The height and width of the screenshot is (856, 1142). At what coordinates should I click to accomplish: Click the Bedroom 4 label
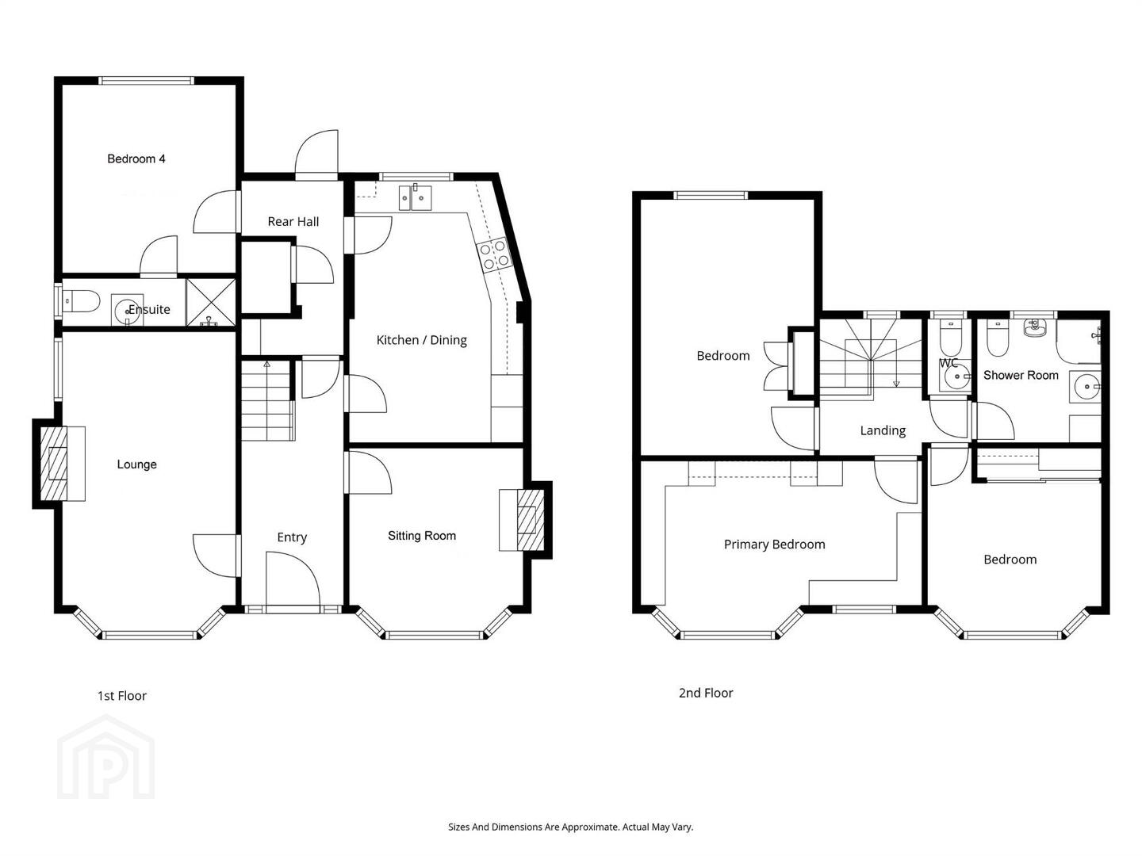pyautogui.click(x=136, y=159)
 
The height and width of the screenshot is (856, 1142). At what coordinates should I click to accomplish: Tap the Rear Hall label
pyautogui.click(x=293, y=221)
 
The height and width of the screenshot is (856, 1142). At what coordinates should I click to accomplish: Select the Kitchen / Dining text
pyautogui.click(x=421, y=340)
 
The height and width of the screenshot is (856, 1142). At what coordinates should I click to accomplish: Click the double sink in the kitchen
pyautogui.click(x=416, y=197)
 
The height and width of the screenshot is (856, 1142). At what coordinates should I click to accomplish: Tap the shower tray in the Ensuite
pyautogui.click(x=211, y=303)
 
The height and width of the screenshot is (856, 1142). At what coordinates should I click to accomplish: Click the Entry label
pyautogui.click(x=292, y=537)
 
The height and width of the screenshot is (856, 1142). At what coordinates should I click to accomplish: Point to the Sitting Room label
pyautogui.click(x=422, y=535)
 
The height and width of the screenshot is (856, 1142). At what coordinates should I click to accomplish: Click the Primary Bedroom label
pyautogui.click(x=774, y=545)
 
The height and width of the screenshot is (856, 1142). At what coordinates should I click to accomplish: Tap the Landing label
pyautogui.click(x=883, y=430)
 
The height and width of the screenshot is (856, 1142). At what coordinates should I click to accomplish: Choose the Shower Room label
pyautogui.click(x=1021, y=375)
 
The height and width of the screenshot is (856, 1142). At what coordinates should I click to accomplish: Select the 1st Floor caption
pyautogui.click(x=122, y=695)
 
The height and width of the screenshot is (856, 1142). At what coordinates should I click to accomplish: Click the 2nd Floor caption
pyautogui.click(x=706, y=693)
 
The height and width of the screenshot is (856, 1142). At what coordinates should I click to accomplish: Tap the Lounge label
pyautogui.click(x=137, y=464)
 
